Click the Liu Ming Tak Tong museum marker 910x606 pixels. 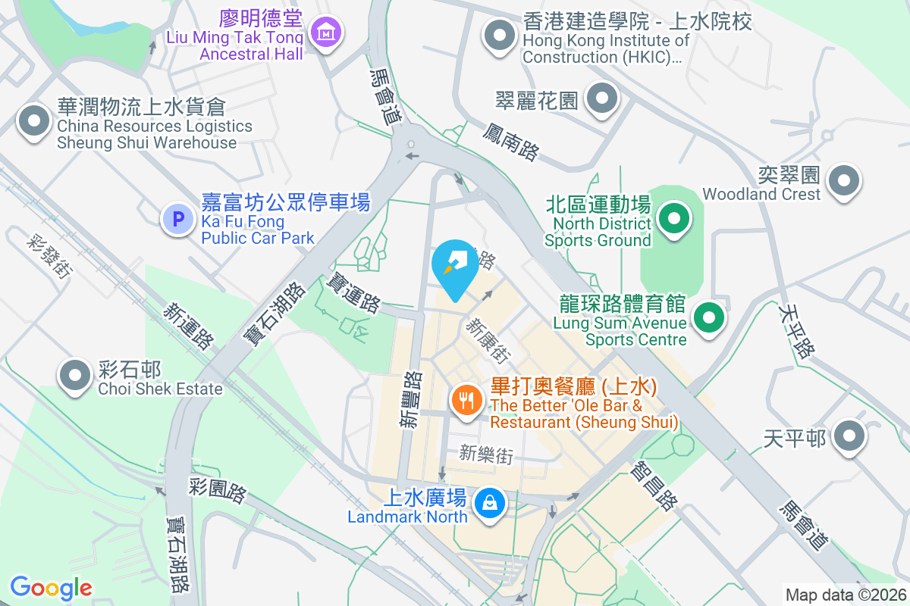click(x=326, y=33)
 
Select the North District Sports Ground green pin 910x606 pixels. click(x=673, y=220)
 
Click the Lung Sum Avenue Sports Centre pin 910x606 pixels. click(x=708, y=317)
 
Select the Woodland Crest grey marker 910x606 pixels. click(x=843, y=181)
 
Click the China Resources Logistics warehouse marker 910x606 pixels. click(x=33, y=121)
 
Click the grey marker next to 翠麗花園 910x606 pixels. click(x=603, y=98)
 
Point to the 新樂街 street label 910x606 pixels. click(x=486, y=454)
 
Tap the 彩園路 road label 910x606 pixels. click(x=218, y=490)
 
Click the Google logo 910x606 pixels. click(x=51, y=587)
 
